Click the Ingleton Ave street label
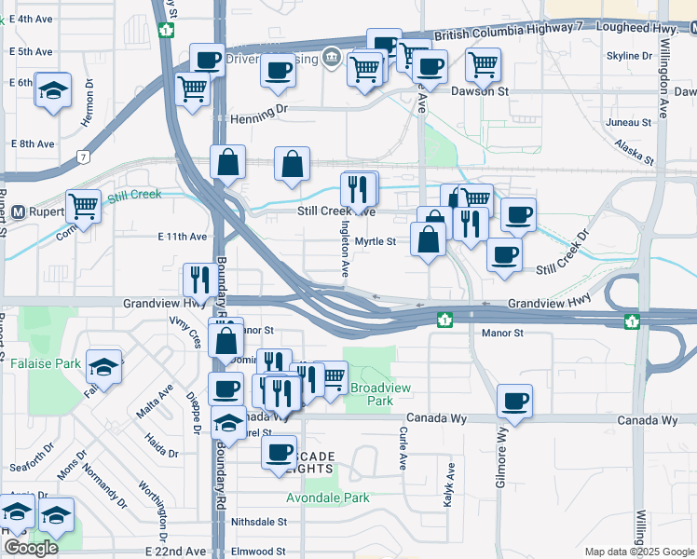coord(344,253)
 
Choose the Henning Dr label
coord(260,113)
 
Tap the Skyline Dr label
coord(629,56)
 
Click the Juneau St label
coord(627,122)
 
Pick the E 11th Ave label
coord(182,238)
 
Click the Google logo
coord(31,548)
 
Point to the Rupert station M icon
coord(18,211)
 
